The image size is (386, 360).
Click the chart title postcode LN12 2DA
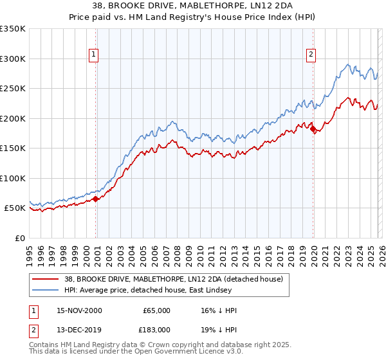tap(275, 6)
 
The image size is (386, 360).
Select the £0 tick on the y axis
tap(19, 238)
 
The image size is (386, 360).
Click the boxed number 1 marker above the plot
tap(94, 55)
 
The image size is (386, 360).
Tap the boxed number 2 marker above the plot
tap(311, 55)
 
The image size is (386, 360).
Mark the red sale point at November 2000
tap(96, 199)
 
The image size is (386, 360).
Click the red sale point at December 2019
tap(313, 129)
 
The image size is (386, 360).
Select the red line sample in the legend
tap(45, 279)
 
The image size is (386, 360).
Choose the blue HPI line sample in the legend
tap(45, 290)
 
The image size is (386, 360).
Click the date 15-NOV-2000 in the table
tap(80, 310)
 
